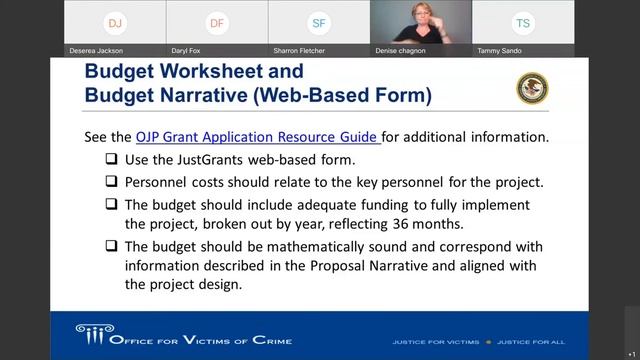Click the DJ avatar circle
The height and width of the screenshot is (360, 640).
[x=115, y=22]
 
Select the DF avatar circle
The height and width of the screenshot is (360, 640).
[x=217, y=22]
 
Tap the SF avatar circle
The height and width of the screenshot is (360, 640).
[x=319, y=22]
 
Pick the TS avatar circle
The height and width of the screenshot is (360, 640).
[x=523, y=22]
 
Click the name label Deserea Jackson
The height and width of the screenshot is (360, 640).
[x=96, y=50]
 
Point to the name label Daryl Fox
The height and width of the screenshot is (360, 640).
[x=192, y=50]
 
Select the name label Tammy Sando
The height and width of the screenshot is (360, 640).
[x=500, y=50]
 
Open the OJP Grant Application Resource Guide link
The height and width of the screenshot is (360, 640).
[x=257, y=137]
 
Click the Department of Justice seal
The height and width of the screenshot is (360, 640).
[x=532, y=88]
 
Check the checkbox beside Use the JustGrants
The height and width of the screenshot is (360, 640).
[x=112, y=160]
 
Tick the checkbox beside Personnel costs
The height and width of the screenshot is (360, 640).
[x=112, y=182]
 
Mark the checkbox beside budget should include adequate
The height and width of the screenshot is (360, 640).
[x=112, y=204]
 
